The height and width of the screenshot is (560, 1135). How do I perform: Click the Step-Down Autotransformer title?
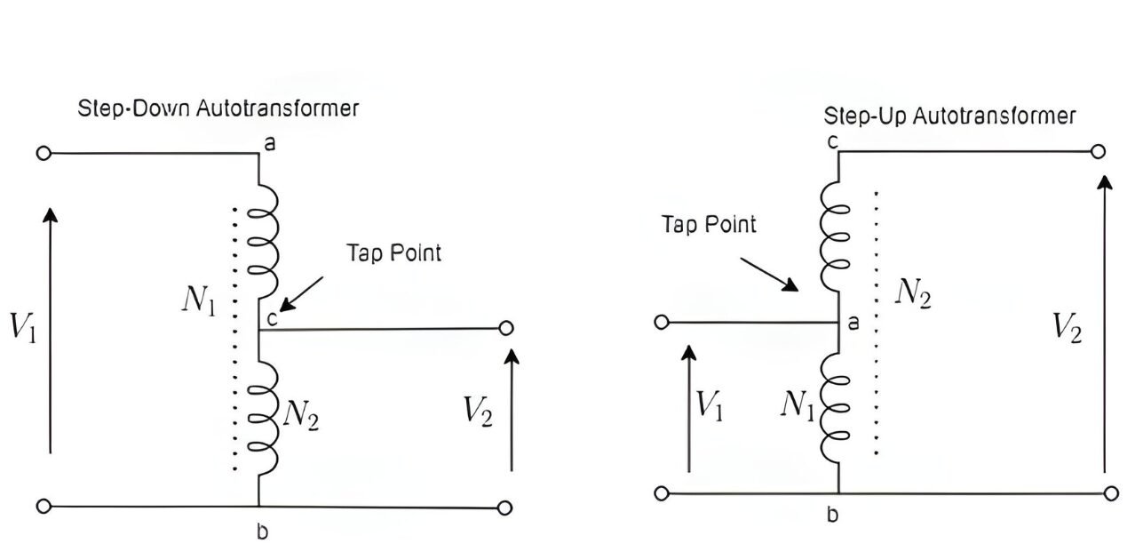pyautogui.click(x=218, y=108)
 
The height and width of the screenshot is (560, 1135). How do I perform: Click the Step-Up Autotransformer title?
pyautogui.click(x=949, y=116)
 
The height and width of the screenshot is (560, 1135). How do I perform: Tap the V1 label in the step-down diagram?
pyautogui.click(x=22, y=326)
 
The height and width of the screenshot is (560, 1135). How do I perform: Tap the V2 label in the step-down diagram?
pyautogui.click(x=478, y=411)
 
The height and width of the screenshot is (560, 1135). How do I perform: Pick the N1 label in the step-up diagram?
pyautogui.click(x=798, y=404)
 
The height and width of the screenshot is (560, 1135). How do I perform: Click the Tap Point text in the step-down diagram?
pyautogui.click(x=393, y=252)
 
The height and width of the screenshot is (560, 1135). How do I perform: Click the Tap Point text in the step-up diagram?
pyautogui.click(x=709, y=224)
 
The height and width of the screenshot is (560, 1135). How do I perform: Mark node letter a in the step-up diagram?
pyautogui.click(x=853, y=324)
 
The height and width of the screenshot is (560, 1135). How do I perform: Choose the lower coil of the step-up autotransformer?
pyautogui.click(x=836, y=405)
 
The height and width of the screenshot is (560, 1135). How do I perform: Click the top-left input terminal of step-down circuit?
pyautogui.click(x=43, y=153)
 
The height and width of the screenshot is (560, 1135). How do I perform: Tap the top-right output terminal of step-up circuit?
pyautogui.click(x=1098, y=151)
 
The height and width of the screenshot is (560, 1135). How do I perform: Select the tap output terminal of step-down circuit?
pyautogui.click(x=505, y=329)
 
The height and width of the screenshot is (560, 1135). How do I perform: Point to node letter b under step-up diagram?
pyautogui.click(x=832, y=516)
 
